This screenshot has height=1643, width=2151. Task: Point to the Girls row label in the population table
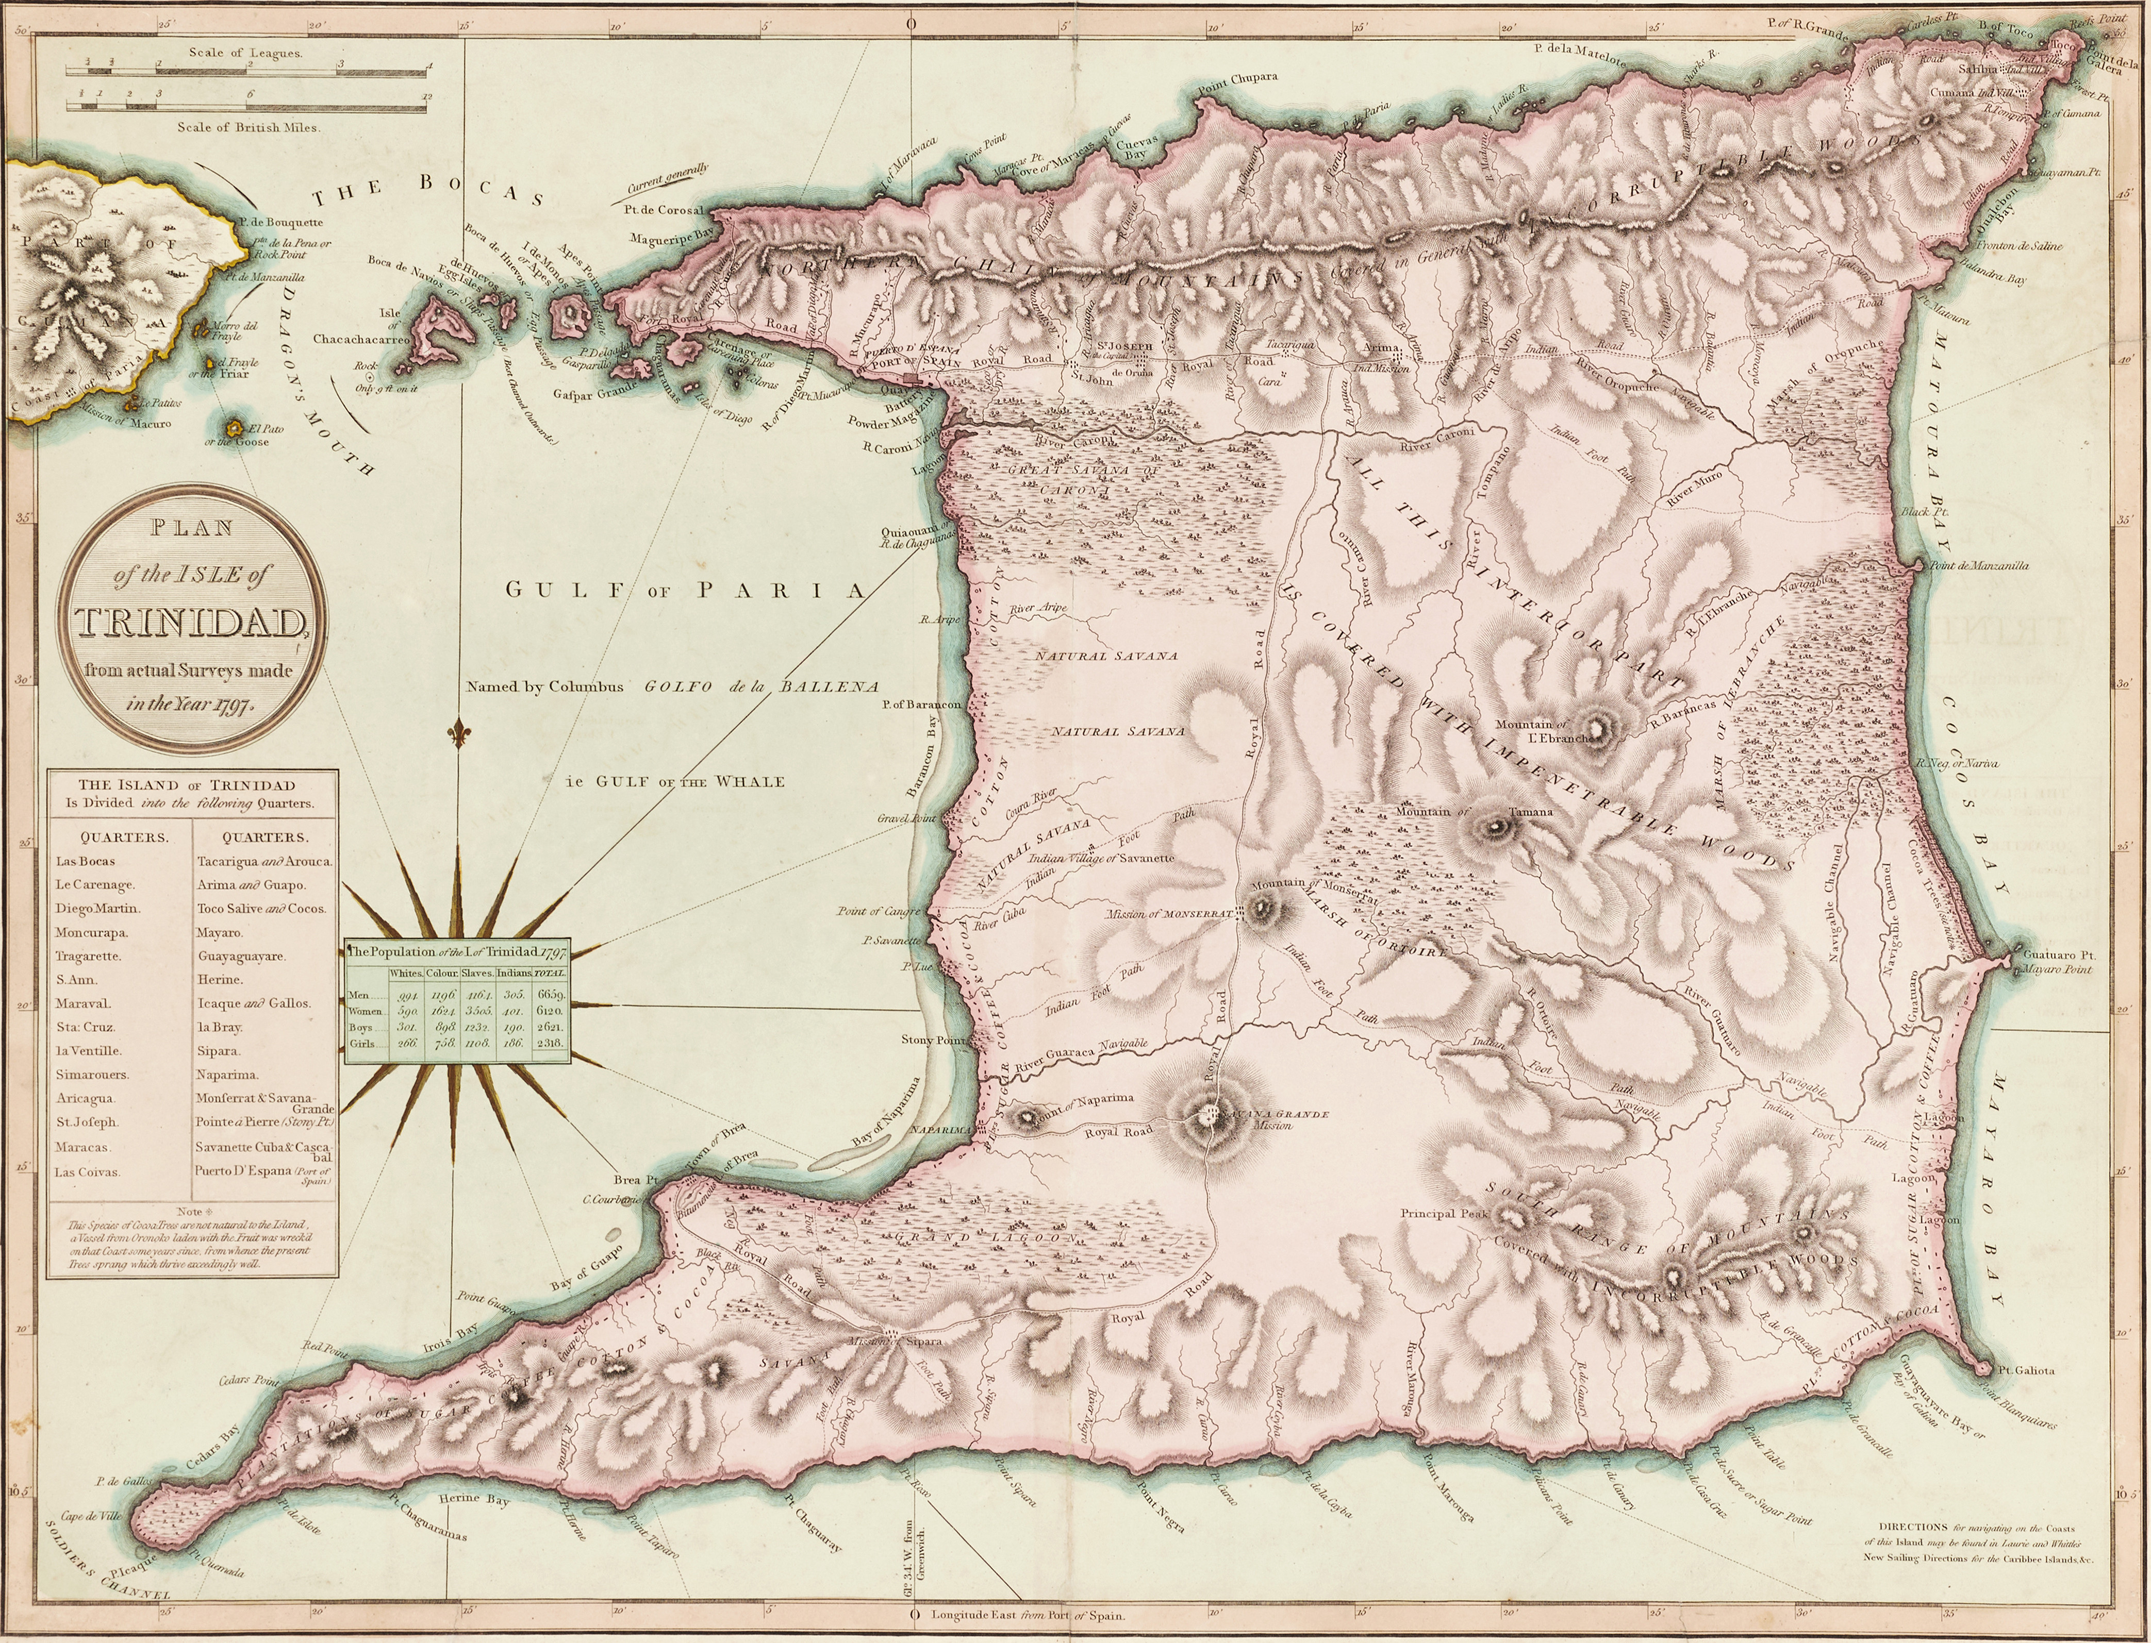pyautogui.click(x=362, y=1044)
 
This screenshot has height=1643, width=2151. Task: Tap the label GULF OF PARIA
pyautogui.click(x=685, y=590)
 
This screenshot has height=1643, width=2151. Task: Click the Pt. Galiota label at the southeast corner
pyautogui.click(x=2027, y=1370)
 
